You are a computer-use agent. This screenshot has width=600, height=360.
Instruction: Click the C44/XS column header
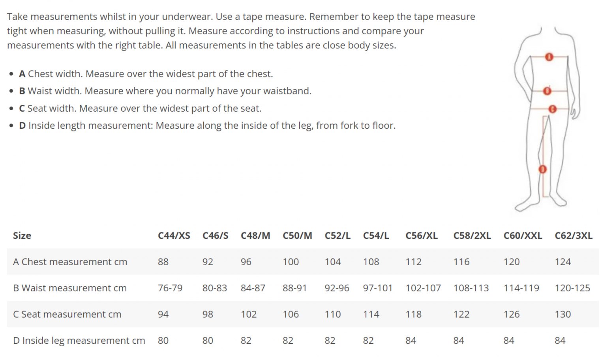pyautogui.click(x=174, y=236)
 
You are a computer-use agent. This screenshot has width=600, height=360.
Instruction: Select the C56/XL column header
pyautogui.click(x=421, y=236)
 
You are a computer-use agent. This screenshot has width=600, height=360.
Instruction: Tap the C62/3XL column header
pyautogui.click(x=573, y=236)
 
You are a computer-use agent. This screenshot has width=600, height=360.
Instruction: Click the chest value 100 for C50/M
pyautogui.click(x=291, y=262)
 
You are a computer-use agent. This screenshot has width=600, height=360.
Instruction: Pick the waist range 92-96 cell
pyautogui.click(x=337, y=288)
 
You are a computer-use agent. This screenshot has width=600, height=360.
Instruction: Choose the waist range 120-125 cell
pyautogui.click(x=572, y=288)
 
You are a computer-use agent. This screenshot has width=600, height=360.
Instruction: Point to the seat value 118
pyautogui.click(x=413, y=314)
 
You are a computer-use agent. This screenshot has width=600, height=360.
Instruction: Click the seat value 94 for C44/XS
pyautogui.click(x=163, y=314)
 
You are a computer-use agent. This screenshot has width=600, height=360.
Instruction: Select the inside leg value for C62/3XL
pyautogui.click(x=560, y=340)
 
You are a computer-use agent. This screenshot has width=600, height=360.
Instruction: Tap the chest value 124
pyautogui.click(x=562, y=262)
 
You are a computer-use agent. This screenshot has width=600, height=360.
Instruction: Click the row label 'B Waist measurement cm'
pyautogui.click(x=70, y=288)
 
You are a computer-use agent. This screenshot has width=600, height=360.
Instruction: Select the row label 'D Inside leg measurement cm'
pyautogui.click(x=79, y=340)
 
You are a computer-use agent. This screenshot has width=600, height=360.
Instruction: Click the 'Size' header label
pyautogui.click(x=22, y=236)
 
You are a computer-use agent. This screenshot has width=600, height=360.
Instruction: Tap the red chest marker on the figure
pyautogui.click(x=549, y=57)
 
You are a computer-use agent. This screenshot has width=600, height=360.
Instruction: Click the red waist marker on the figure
pyautogui.click(x=547, y=91)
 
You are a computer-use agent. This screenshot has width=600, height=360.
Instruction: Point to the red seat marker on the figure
pyautogui.click(x=553, y=109)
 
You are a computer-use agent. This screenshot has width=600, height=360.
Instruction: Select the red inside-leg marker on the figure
pyautogui.click(x=543, y=169)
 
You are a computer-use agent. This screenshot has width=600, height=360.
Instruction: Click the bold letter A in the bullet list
pyautogui.click(x=22, y=74)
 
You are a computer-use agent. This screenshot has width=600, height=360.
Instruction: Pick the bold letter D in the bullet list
pyautogui.click(x=22, y=126)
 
